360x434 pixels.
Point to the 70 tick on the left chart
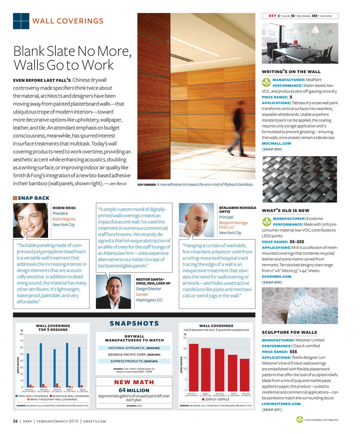22,341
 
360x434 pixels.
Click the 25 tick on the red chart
185,338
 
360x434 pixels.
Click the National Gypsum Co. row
134,348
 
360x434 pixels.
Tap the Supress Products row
134,361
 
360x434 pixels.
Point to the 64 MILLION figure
134,390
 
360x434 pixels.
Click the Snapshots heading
134,323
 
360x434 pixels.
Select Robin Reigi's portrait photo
30,220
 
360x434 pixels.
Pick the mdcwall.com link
276,144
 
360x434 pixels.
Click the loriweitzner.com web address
280,404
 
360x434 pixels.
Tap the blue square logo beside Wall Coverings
21,21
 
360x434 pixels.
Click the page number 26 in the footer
16,421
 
